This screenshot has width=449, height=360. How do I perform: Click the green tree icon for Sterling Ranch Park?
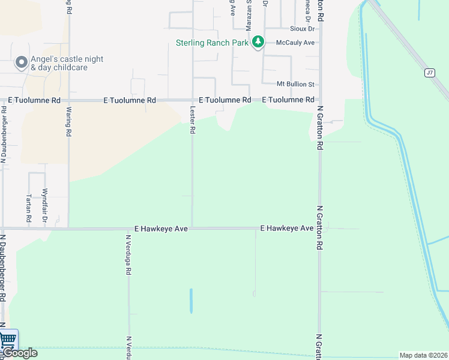(x=258, y=42)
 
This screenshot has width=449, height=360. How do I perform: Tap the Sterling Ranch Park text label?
(x=212, y=43)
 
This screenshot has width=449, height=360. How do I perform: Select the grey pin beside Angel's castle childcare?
(x=22, y=62)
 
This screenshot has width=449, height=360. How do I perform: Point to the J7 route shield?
(x=429, y=73)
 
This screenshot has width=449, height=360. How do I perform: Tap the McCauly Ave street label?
(x=295, y=43)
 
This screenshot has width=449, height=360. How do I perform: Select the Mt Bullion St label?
(x=296, y=84)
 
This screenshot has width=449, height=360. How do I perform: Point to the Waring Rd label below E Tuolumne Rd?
(x=69, y=121)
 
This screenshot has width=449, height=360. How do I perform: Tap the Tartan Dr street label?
(x=29, y=206)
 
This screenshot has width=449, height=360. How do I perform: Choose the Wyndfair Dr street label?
(x=44, y=206)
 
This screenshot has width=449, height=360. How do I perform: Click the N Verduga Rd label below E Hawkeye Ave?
(x=128, y=254)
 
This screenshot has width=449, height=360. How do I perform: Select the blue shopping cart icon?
(x=8, y=340)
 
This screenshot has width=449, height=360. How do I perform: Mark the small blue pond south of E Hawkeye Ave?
(x=191, y=301)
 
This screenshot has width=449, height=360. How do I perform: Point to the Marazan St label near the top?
(x=248, y=15)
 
